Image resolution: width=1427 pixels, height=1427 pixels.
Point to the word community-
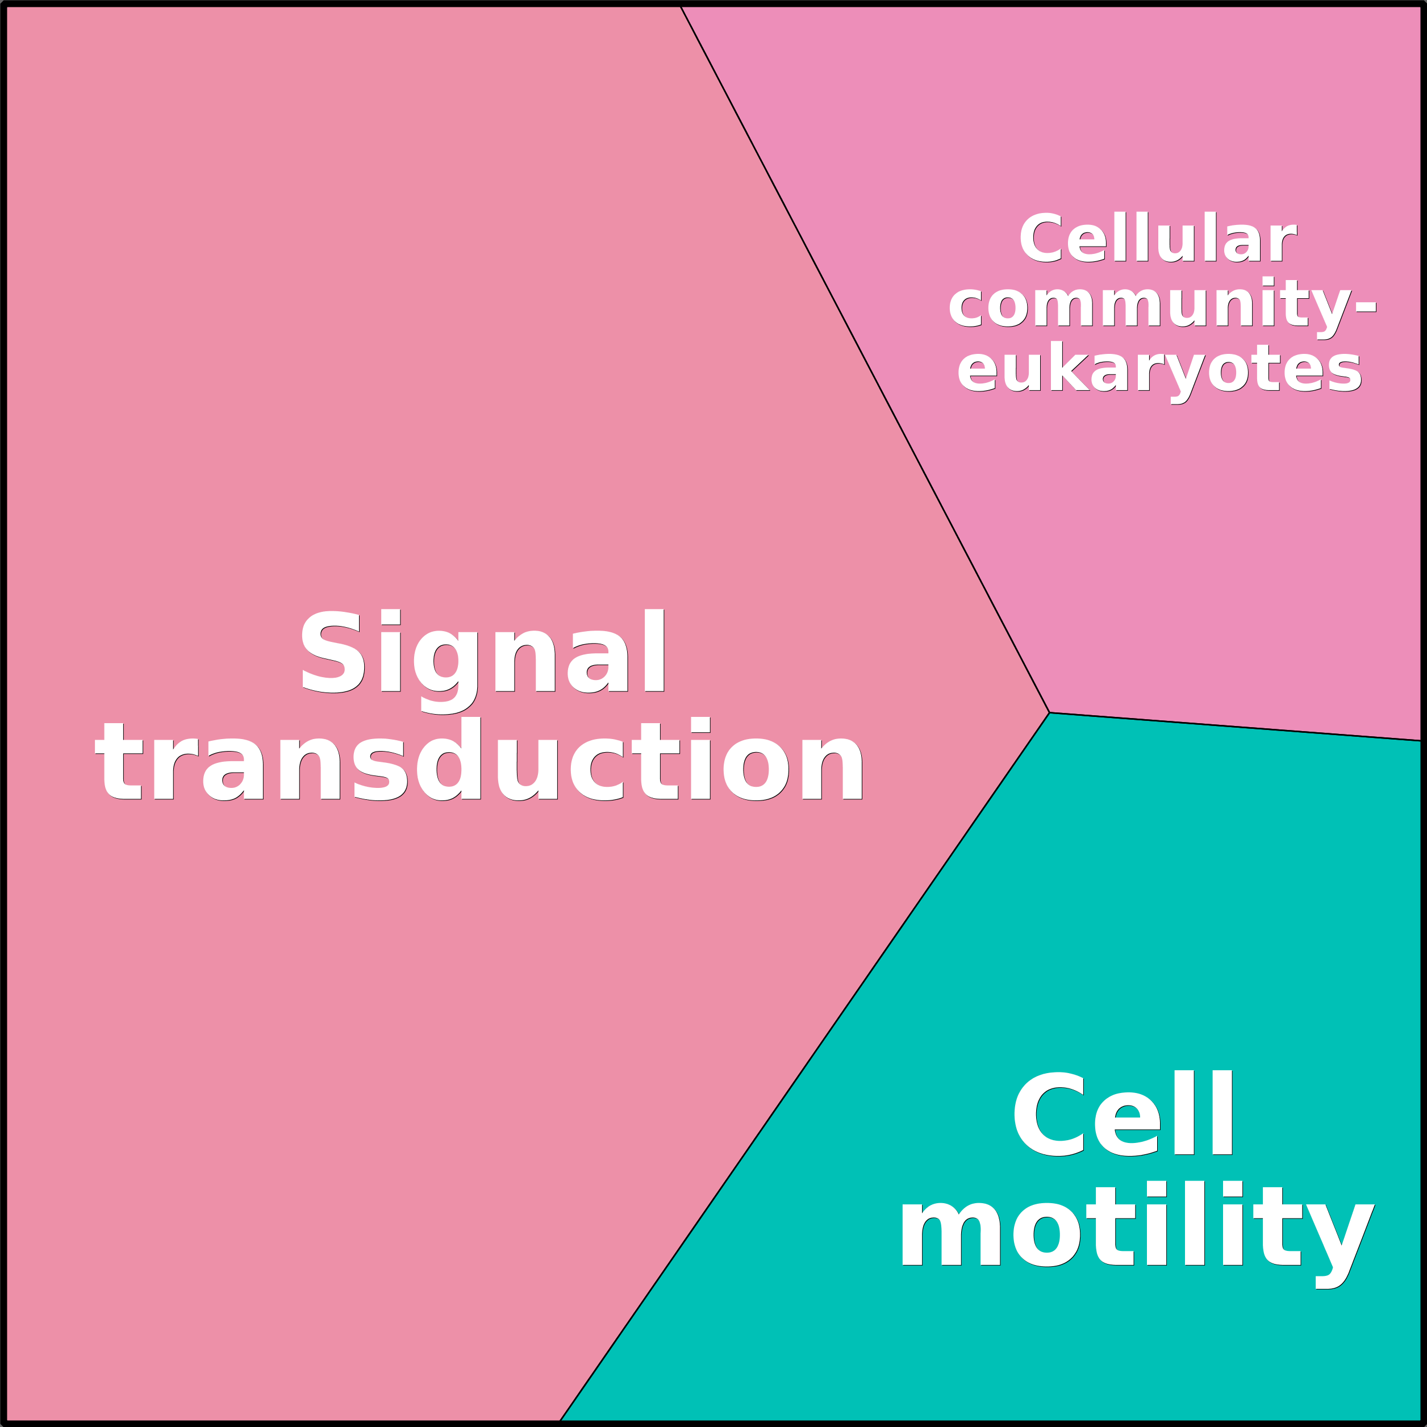pos(1162,304)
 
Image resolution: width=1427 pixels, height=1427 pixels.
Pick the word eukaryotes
pos(1159,369)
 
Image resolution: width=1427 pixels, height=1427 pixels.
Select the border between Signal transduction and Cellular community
pos(864,359)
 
